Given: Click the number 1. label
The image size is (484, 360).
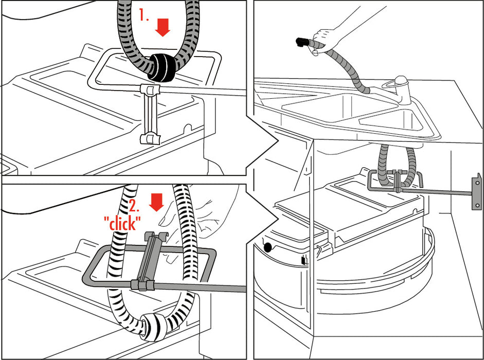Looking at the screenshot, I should pyautogui.click(x=144, y=15).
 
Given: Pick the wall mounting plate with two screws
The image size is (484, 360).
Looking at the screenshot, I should pyautogui.click(x=477, y=192).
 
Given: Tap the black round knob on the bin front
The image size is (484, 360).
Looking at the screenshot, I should pyautogui.click(x=267, y=247).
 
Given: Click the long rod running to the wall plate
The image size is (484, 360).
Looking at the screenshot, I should pyautogui.click(x=437, y=192).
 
